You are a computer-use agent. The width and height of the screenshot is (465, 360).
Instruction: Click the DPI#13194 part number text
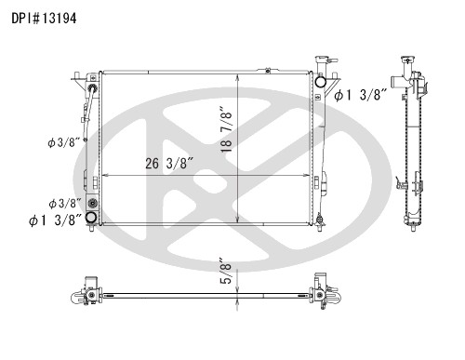[x=44, y=19]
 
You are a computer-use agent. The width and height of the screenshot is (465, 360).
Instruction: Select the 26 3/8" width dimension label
[x=169, y=164]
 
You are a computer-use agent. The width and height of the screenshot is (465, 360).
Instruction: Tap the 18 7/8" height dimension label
[x=227, y=129]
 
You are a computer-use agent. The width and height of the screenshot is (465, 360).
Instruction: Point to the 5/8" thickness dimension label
[x=227, y=271]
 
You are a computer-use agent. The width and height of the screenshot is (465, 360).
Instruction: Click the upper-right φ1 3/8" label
[x=361, y=95]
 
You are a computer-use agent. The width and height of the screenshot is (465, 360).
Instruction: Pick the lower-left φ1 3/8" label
[x=56, y=220]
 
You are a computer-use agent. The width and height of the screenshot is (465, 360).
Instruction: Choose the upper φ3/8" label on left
[x=64, y=142]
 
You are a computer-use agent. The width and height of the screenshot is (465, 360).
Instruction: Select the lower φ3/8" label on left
[x=65, y=204]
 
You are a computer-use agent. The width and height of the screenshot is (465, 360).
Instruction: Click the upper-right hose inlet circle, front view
[x=320, y=82]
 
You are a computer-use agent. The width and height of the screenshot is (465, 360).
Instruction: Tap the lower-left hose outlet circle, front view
[x=91, y=218]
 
